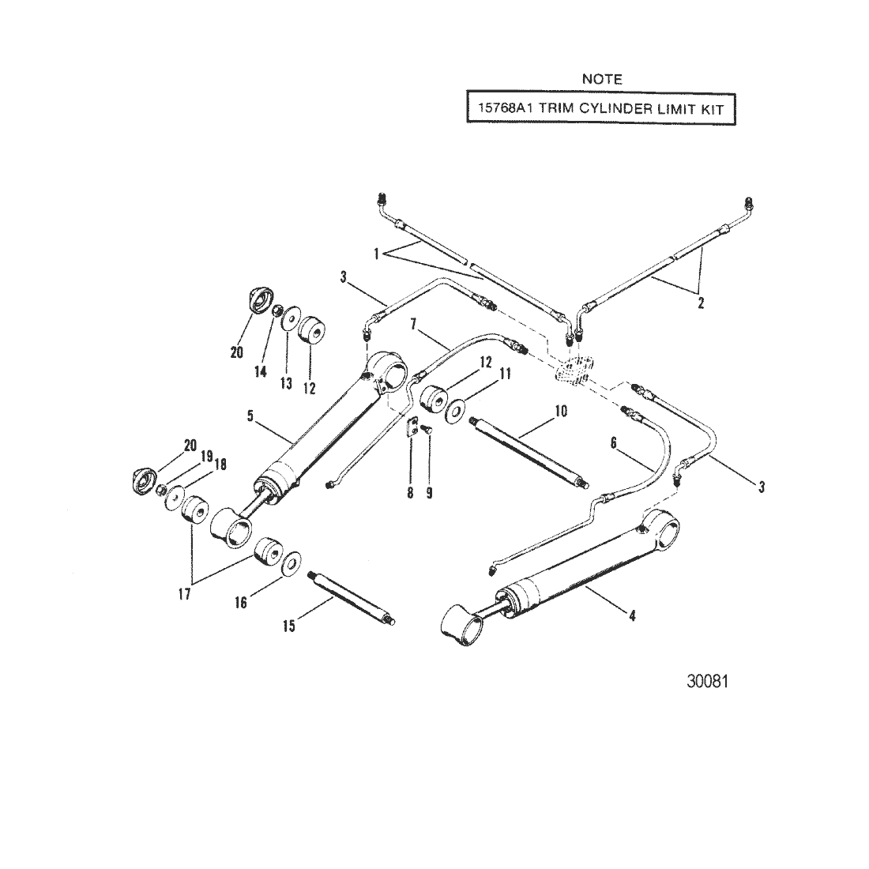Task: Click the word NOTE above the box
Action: pyautogui.click(x=601, y=79)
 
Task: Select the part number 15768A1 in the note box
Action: pyautogui.click(x=497, y=110)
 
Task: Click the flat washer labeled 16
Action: pyautogui.click(x=289, y=562)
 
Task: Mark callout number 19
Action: pyautogui.click(x=206, y=455)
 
